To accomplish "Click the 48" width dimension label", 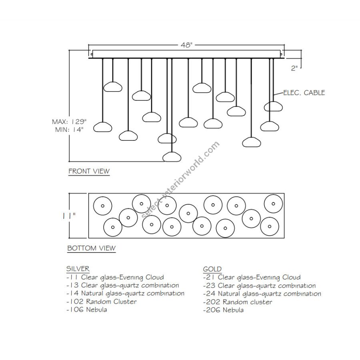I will click(186, 45).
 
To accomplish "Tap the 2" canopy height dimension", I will click(295, 68).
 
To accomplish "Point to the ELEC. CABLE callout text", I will click(304, 93).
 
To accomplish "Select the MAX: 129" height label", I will click(69, 122).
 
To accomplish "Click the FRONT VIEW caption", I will click(89, 171).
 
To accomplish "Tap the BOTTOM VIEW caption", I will click(91, 248).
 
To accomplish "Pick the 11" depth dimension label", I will click(69, 216).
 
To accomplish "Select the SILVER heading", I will click(78, 269).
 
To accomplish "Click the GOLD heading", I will click(212, 269).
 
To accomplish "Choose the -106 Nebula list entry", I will click(86, 310).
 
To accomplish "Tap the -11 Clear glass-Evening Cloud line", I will click(115, 277).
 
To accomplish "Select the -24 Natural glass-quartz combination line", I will click(262, 294).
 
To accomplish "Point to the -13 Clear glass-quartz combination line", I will click(122, 285).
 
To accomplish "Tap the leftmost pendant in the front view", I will click(102, 128).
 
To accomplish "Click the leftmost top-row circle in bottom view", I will click(102, 206).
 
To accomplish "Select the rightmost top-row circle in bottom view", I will click(273, 204).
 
